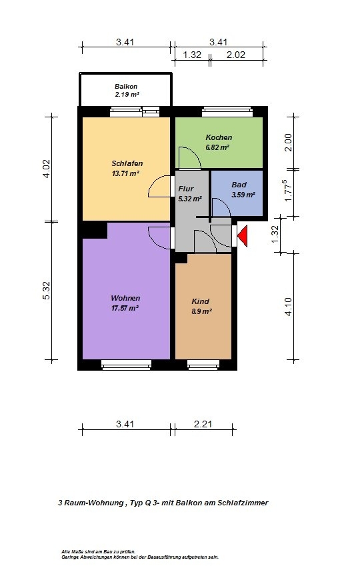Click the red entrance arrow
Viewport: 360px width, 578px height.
pos(243,236)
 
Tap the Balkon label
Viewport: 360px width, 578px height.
pos(126,87)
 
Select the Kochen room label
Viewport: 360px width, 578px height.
pos(219,137)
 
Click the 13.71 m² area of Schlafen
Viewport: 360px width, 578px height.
pos(125,173)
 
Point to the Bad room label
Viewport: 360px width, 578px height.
pos(239,185)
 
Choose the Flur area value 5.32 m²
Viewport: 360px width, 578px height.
pos(190,199)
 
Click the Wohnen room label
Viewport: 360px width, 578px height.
pos(125,298)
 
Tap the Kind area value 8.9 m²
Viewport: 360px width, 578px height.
pos(201,311)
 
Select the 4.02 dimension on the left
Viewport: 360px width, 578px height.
pos(47,169)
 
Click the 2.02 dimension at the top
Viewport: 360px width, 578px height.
pos(236,55)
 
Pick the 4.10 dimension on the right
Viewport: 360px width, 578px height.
pos(288,307)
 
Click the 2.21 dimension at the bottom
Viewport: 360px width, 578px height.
pos(203,424)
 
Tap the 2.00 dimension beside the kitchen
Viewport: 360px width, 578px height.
pos(288,142)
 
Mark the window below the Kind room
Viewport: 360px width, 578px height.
pos(203,365)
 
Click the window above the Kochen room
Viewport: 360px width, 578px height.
pos(227,111)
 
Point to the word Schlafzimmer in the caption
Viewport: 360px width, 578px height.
pos(243,503)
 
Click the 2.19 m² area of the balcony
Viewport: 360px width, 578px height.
pos(127,95)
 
